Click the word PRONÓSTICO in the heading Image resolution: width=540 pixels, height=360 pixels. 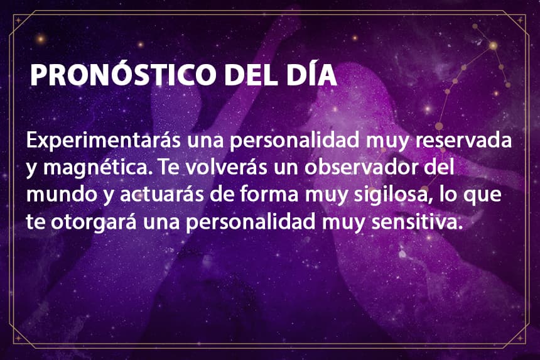(123, 74)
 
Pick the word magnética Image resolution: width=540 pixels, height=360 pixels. (98, 168)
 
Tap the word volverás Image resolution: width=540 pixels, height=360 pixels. (227, 167)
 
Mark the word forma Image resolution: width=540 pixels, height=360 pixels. (269, 194)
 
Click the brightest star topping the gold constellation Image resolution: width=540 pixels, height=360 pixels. (493, 45)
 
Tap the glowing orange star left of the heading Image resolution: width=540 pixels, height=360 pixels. (41, 38)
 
